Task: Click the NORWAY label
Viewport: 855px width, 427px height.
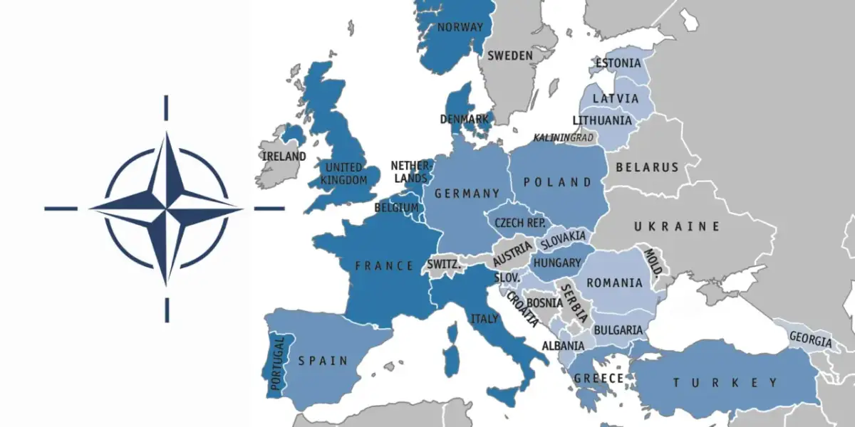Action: pyautogui.click(x=460, y=28)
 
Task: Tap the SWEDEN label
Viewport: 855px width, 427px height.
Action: pyautogui.click(x=510, y=56)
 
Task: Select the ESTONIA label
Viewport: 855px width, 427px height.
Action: pyautogui.click(x=618, y=63)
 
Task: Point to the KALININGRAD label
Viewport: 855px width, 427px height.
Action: pyautogui.click(x=564, y=137)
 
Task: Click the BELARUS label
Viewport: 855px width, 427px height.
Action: pyautogui.click(x=648, y=167)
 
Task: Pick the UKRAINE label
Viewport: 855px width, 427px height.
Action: pyautogui.click(x=677, y=226)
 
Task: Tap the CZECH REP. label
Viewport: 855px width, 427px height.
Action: pyautogui.click(x=520, y=223)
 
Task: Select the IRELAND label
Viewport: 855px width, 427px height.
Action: pyautogui.click(x=284, y=156)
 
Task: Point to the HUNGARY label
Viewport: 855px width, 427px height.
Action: pyautogui.click(x=557, y=263)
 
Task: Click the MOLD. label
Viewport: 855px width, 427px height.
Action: pyautogui.click(x=653, y=263)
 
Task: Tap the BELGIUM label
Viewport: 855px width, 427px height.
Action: pyautogui.click(x=396, y=208)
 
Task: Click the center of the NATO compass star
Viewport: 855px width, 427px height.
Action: pyautogui.click(x=167, y=209)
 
